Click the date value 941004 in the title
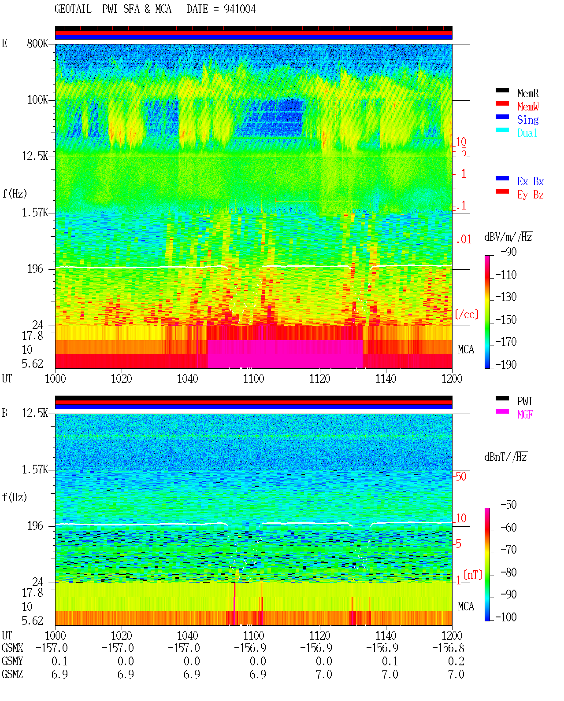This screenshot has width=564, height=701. point(239,9)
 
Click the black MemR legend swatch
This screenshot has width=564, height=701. point(502,90)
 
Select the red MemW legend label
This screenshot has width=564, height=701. point(528,106)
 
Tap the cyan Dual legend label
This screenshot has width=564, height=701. point(527,133)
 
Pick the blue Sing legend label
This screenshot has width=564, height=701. point(527,120)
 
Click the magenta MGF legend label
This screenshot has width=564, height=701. point(525,415)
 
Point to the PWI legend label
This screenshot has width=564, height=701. point(524,401)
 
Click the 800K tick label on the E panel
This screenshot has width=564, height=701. point(37,43)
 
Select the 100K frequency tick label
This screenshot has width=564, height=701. point(37,100)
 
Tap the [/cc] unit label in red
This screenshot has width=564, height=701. point(467,314)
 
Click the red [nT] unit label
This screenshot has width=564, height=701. point(473,575)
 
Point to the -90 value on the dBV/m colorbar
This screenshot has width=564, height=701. point(508,252)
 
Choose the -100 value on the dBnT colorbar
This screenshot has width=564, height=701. point(506,617)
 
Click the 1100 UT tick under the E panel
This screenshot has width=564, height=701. point(253,379)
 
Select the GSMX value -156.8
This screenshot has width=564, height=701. point(448,648)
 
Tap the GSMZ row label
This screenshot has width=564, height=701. point(12,674)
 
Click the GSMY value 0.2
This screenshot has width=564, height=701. point(456,661)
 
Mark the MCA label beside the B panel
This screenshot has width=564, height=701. point(466,606)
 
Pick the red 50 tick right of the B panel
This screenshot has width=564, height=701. point(461,477)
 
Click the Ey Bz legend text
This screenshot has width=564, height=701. point(531,195)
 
